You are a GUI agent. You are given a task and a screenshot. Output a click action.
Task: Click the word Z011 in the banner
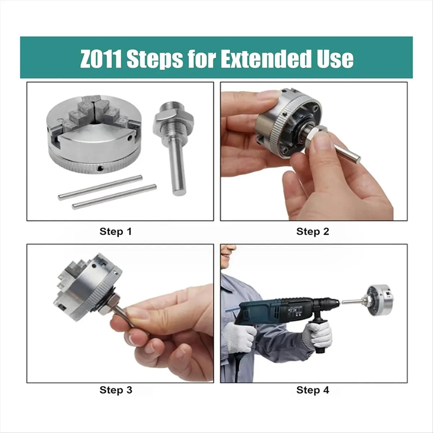click(x=101, y=59)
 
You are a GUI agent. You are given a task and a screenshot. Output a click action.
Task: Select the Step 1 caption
click(x=115, y=231)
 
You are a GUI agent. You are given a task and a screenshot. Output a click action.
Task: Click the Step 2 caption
click(x=312, y=231)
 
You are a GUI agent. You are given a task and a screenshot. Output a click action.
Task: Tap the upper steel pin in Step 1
click(x=100, y=188)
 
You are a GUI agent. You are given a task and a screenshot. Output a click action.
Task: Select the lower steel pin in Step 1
click(x=114, y=197)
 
